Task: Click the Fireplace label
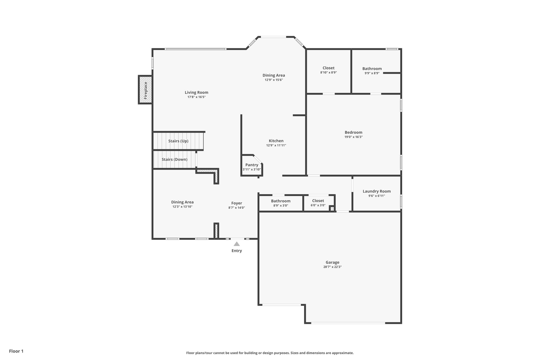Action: coord(146,90)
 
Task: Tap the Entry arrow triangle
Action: coord(237,244)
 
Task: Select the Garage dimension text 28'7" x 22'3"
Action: coord(332,267)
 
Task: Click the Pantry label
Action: coord(252,165)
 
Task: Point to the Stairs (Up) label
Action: coord(178,141)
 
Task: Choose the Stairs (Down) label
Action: coord(174,160)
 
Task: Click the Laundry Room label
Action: coord(377,191)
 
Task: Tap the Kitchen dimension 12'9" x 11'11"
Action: coord(276,145)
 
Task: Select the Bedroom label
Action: coord(353,132)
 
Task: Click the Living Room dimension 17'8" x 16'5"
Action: coord(196,97)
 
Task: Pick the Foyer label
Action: coord(237,203)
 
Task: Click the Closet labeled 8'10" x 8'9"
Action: coord(328,68)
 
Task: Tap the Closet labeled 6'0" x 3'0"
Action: coord(318,201)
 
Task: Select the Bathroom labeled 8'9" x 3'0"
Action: coord(281,201)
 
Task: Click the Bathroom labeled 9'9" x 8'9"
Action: coord(372,69)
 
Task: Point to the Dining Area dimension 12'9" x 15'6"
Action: coord(274,80)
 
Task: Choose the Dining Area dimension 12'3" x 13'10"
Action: coord(182,207)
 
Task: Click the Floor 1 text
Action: coord(16,351)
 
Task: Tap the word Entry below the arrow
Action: coord(237,251)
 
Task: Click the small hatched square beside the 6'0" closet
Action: coord(332,209)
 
